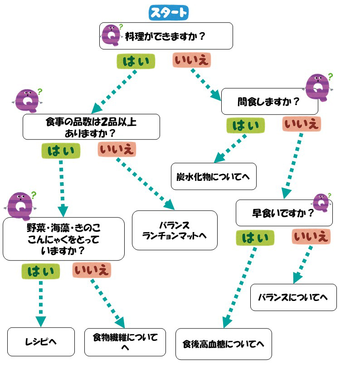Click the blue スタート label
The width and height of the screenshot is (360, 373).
[x=168, y=13]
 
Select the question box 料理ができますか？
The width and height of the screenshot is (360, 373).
[x=166, y=36]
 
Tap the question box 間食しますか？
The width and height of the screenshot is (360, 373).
[x=269, y=101]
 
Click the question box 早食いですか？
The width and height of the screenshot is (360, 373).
[x=283, y=213]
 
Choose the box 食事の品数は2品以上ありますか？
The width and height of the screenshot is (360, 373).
[x=91, y=126]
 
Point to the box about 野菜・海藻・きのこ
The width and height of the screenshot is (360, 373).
[x=63, y=238]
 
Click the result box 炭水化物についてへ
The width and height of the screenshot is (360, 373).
[x=213, y=176]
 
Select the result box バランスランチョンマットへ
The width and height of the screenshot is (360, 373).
[x=174, y=230]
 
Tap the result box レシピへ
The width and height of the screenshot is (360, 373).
[x=41, y=341]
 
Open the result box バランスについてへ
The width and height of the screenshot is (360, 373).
[x=293, y=297]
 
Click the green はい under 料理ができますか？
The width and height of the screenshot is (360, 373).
[x=136, y=61]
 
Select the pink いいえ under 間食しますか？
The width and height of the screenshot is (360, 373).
[x=301, y=124]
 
